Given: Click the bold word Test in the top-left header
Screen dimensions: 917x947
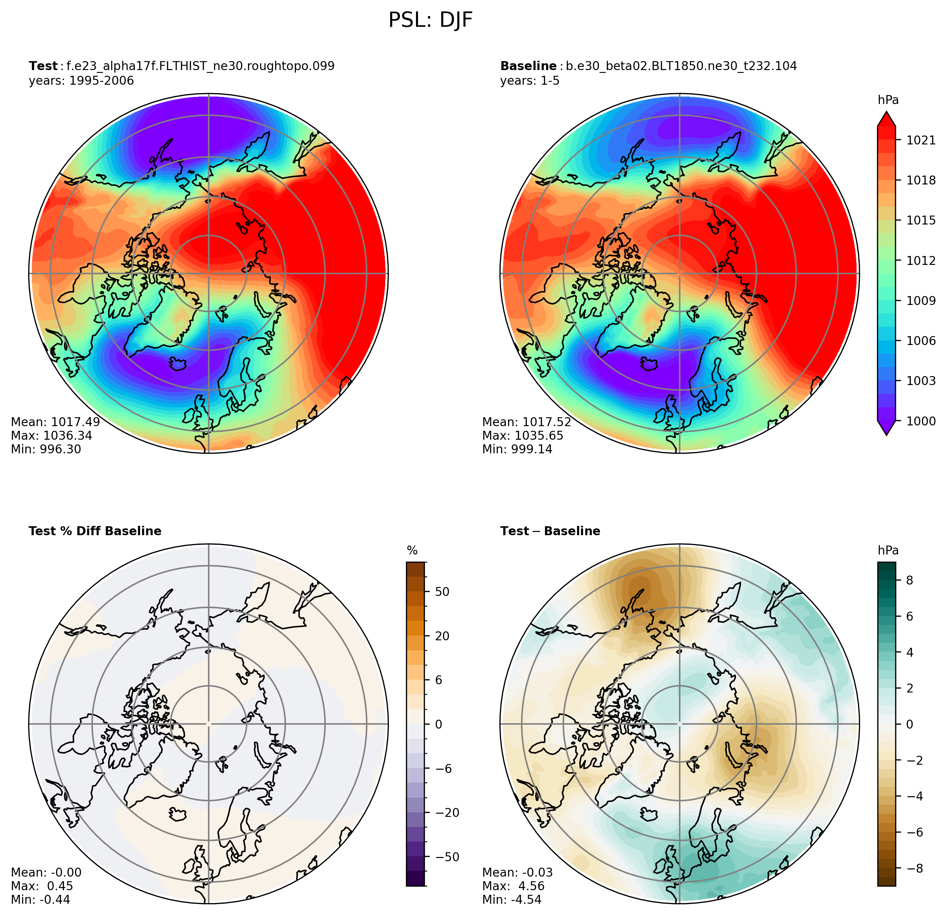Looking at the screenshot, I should click(x=43, y=66).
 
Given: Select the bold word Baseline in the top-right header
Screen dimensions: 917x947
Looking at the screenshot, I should click(x=528, y=66).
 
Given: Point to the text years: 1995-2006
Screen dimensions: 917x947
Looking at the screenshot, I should click(x=81, y=81).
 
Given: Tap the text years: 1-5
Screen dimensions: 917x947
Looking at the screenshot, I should click(x=530, y=81).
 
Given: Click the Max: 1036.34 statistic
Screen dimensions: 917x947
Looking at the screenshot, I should click(x=51, y=435).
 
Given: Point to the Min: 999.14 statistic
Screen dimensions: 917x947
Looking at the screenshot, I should click(x=517, y=449).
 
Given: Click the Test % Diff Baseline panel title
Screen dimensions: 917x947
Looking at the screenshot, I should click(x=95, y=531).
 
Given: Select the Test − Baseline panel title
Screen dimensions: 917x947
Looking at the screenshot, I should click(x=550, y=531).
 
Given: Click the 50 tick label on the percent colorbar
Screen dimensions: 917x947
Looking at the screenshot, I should click(x=442, y=592).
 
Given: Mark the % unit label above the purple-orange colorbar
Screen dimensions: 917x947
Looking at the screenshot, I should click(x=412, y=551).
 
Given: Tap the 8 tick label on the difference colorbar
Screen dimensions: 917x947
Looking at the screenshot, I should click(x=909, y=581).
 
